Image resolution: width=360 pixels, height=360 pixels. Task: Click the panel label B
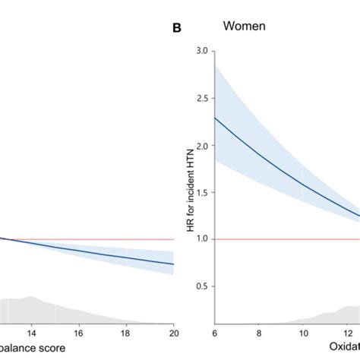[x=177, y=29]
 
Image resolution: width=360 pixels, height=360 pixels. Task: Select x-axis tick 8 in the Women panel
[x=260, y=333]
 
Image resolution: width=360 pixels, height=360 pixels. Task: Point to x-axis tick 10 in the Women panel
[x=303, y=333]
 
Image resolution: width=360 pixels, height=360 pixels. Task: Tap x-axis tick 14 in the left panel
[x=31, y=333]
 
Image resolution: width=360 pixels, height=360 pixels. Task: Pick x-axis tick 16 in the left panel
[x=78, y=333]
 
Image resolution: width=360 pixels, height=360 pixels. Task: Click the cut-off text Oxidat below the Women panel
[x=343, y=348]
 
